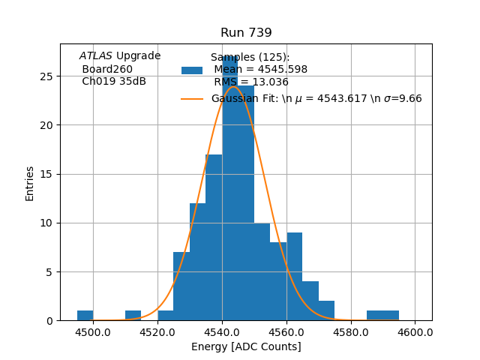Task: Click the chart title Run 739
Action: [246, 33]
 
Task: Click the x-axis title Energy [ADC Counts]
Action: [246, 346]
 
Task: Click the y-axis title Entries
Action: [30, 183]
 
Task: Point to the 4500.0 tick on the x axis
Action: [93, 331]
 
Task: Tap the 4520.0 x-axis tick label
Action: [157, 331]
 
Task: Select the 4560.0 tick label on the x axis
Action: [286, 331]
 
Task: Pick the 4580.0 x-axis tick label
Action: [351, 331]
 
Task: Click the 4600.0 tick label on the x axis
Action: [415, 331]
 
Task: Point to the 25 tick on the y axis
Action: [46, 76]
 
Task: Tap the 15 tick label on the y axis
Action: [46, 174]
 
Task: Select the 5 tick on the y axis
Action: [49, 272]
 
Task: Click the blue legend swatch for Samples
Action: [192, 70]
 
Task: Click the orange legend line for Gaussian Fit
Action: [192, 99]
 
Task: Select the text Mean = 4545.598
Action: [260, 70]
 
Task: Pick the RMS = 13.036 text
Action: [250, 82]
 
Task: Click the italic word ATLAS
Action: [95, 56]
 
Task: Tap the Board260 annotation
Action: [106, 69]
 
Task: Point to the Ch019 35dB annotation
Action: [113, 82]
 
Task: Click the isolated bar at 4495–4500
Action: [85, 316]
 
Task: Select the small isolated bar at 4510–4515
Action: [133, 316]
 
